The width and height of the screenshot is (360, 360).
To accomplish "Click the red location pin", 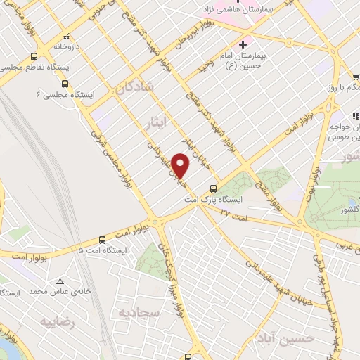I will click(x=181, y=166).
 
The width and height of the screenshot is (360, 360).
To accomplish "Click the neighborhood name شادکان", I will click(x=130, y=89).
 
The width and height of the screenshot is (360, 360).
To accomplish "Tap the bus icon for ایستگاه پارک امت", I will click(x=214, y=188).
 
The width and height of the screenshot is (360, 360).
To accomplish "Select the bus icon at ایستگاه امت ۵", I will click(x=103, y=239).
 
